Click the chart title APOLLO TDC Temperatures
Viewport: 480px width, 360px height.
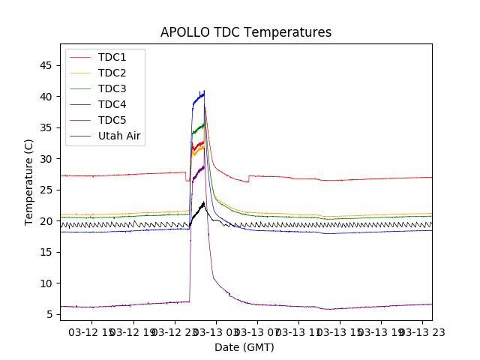point(246,32)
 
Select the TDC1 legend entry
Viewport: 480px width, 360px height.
point(112,57)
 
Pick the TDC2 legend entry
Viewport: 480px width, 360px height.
point(112,73)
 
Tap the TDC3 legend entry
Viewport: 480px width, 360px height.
point(112,88)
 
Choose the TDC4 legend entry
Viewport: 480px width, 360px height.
point(112,104)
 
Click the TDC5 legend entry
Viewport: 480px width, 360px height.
point(112,120)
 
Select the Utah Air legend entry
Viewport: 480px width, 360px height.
point(119,136)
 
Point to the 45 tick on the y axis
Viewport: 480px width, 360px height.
point(46,65)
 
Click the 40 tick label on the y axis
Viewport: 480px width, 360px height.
point(46,97)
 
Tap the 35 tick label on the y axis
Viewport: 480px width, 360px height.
point(46,127)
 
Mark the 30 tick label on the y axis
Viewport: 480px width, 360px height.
point(46,159)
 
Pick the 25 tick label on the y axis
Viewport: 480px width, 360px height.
point(46,190)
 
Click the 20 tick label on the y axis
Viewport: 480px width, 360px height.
point(46,221)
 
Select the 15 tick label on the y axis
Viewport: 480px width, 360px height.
point(46,252)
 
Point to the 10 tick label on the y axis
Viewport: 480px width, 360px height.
point(46,283)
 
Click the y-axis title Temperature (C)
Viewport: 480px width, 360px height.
point(29,182)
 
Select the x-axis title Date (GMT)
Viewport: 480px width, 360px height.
point(244,347)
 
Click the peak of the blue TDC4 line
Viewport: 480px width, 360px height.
point(204,91)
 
